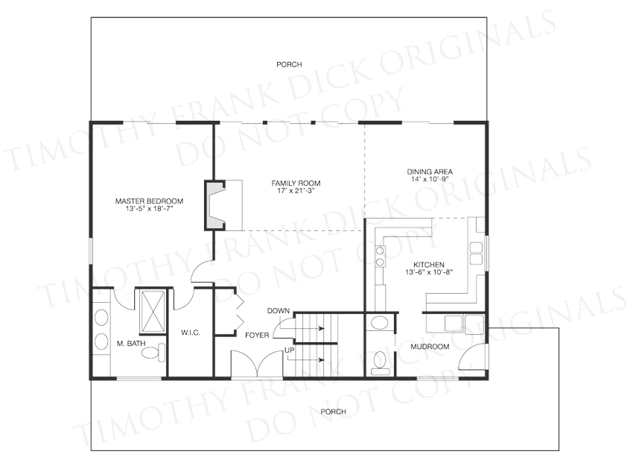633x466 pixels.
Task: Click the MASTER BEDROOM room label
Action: (x=150, y=201)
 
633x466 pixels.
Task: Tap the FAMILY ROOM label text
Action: (x=296, y=183)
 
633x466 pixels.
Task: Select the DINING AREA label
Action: (x=430, y=171)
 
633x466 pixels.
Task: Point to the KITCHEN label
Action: (x=429, y=265)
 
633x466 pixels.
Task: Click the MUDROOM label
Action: (x=430, y=347)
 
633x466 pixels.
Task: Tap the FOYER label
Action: (x=257, y=335)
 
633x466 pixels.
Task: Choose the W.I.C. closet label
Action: (x=191, y=333)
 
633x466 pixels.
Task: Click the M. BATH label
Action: (x=131, y=344)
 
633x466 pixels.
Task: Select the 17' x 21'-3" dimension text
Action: (x=296, y=190)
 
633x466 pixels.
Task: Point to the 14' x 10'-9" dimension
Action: (x=430, y=179)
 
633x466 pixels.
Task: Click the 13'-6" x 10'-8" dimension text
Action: (x=429, y=272)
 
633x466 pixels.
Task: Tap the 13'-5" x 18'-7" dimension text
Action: (x=150, y=209)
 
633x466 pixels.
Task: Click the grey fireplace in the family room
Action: (x=215, y=205)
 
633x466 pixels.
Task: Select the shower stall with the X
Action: (x=152, y=311)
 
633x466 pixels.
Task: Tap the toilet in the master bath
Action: (x=153, y=353)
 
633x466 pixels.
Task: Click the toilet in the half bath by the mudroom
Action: (x=379, y=362)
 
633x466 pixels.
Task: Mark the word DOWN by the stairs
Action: (x=279, y=311)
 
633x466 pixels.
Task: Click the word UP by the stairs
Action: (x=290, y=350)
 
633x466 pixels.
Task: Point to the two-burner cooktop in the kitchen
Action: (x=380, y=256)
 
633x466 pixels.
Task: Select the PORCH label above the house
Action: (x=289, y=64)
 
